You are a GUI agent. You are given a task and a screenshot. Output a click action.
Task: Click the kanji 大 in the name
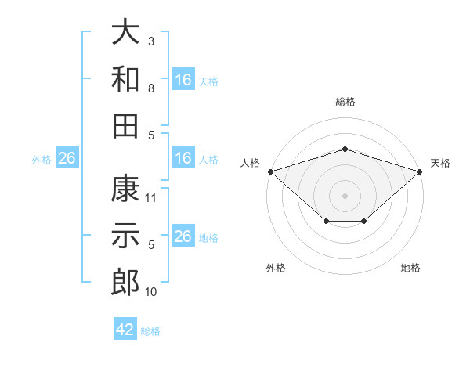point(126,34)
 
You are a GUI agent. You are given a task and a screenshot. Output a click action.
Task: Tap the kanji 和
point(126,80)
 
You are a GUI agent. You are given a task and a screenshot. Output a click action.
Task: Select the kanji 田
point(126,125)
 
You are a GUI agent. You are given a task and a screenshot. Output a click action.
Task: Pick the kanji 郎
point(126,283)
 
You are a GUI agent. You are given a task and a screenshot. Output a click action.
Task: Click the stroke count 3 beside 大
point(151,41)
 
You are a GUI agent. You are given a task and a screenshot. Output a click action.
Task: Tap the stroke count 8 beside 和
point(151,88)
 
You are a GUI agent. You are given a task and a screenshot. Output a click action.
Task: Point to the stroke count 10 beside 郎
point(151,292)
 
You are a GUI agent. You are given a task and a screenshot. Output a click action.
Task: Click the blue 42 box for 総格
point(125,330)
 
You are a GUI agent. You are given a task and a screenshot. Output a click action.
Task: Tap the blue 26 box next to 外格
point(67,158)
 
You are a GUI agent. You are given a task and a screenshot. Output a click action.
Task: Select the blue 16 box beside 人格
point(183,158)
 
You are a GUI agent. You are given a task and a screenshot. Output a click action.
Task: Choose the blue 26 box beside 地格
point(183,236)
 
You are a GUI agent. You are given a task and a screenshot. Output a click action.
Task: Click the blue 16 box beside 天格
point(183,80)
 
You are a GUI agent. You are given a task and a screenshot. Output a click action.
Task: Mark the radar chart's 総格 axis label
point(345,102)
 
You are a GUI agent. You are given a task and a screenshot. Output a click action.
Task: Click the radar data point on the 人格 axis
point(270,171)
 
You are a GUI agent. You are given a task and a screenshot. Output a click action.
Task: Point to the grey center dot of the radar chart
point(345,195)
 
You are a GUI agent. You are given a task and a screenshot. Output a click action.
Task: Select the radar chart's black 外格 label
point(276,268)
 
